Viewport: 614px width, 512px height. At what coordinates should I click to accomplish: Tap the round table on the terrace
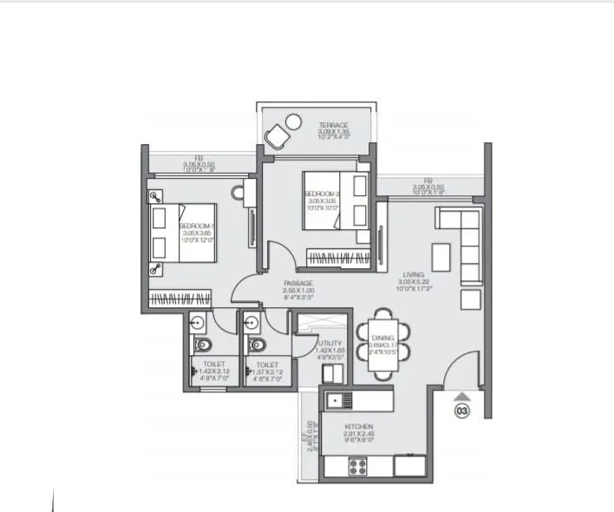[x=294, y=121]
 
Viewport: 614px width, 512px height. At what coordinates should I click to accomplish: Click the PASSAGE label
[x=297, y=284]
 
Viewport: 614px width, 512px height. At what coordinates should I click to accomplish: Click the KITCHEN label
[x=357, y=428]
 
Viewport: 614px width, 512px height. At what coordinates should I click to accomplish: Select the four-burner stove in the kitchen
[x=358, y=466]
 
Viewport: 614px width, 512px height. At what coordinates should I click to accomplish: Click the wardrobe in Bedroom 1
[x=180, y=299]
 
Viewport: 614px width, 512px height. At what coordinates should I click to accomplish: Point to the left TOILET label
[x=213, y=365]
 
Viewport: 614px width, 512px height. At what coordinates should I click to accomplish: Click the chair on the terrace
[x=278, y=136]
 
